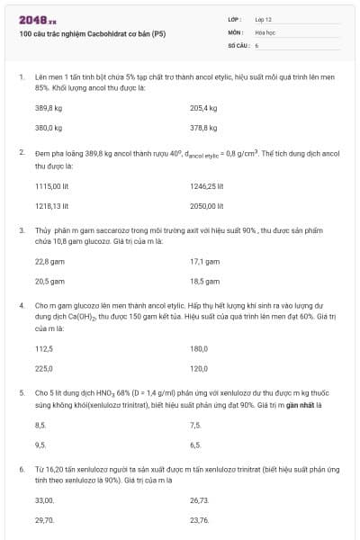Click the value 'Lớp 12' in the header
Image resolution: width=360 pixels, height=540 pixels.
(264, 18)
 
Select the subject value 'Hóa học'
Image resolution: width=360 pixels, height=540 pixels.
(265, 31)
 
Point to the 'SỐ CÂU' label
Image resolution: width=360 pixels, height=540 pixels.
(237, 44)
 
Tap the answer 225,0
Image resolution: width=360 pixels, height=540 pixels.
(44, 368)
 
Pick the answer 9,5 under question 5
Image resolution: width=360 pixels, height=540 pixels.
(40, 445)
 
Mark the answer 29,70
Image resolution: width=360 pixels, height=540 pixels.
(45, 520)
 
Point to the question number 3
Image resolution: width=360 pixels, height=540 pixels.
(22, 230)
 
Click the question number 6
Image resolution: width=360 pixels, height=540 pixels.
(22, 469)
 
